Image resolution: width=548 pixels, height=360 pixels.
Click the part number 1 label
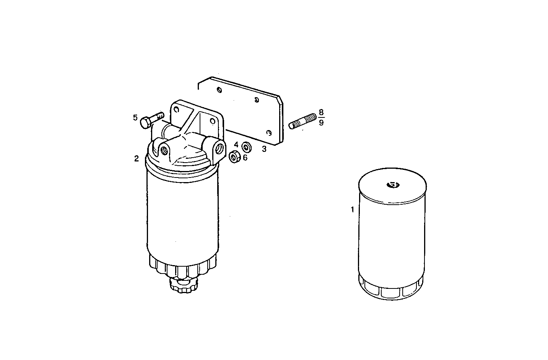352,210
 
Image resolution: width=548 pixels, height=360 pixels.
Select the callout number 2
137,159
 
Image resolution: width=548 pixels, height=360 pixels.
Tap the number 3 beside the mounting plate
264,149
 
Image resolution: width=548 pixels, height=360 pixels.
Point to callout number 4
236,145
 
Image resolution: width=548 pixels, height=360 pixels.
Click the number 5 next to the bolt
135,117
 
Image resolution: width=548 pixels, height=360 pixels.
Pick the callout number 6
245,157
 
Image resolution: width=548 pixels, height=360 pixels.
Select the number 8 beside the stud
321,112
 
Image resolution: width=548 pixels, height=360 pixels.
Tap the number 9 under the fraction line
321,123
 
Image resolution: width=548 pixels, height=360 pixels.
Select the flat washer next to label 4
247,146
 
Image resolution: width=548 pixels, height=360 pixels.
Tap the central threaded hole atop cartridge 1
392,185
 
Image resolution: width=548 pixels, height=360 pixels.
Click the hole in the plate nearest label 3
269,133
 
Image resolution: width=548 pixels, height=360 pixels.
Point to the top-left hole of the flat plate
219,90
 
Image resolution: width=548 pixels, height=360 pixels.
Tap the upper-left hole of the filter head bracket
177,108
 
